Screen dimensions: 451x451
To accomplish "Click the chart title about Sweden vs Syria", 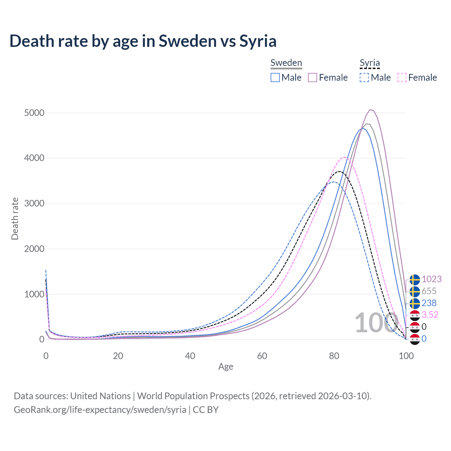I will click(x=143, y=41).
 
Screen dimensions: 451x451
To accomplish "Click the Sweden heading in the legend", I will click(x=286, y=63).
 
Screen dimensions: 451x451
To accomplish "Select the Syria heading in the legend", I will click(x=370, y=63).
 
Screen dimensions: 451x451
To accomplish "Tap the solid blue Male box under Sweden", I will click(x=275, y=78).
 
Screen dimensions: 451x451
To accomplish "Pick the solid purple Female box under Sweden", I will click(x=313, y=78).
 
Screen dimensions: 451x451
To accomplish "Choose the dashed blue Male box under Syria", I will click(x=364, y=78).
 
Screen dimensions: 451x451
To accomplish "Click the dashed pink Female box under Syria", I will click(x=402, y=78).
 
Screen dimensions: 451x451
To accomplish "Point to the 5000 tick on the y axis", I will click(x=34, y=113).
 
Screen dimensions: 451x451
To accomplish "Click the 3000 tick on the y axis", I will click(x=34, y=203).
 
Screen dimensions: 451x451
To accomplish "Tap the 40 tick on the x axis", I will click(x=190, y=356).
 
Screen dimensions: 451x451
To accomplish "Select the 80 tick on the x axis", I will click(x=334, y=356).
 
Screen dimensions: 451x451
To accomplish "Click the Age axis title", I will click(x=225, y=367).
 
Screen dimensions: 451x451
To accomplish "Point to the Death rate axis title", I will click(x=15, y=219).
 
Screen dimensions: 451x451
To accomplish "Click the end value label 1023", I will click(x=431, y=279).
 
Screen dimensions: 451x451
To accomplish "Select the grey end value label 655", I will click(x=429, y=291).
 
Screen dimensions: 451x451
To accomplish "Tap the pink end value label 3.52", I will click(x=430, y=315).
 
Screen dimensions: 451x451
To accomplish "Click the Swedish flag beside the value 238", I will click(x=415, y=303).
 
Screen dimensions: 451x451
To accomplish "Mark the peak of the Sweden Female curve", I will click(x=370, y=110).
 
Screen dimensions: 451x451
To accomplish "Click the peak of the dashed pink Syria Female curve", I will click(x=345, y=157).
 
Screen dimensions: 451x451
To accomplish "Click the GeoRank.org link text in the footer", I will click(x=100, y=410).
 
